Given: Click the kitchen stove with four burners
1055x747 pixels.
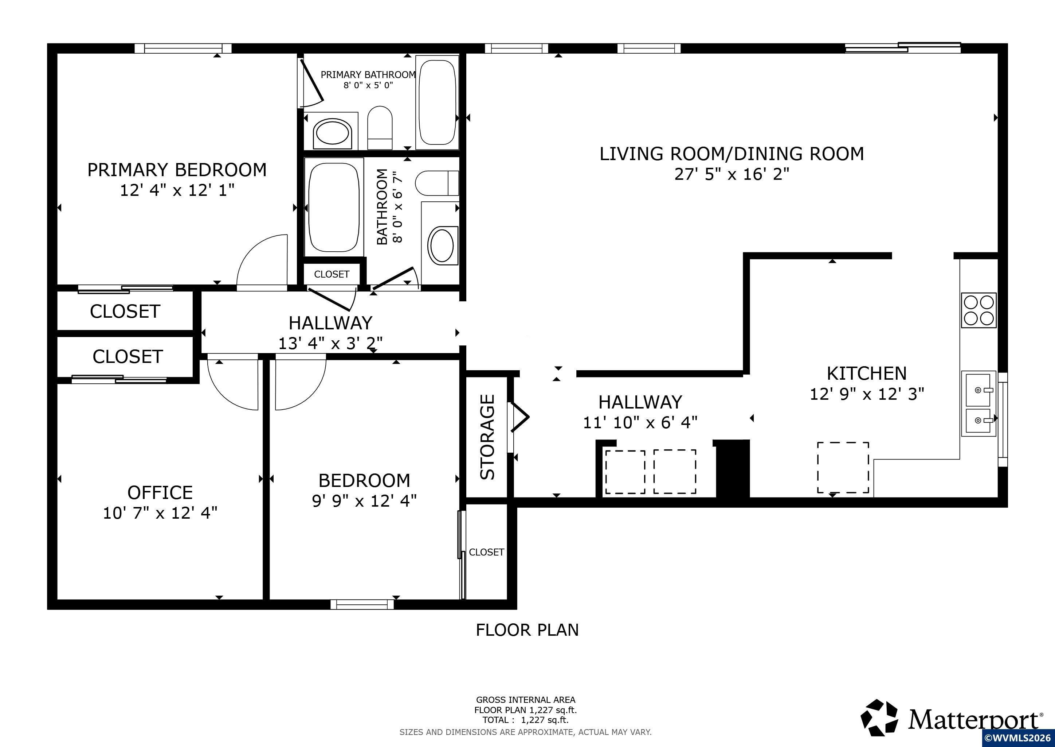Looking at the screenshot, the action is pos(979,310).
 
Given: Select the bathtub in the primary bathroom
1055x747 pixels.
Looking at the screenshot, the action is pos(437,102).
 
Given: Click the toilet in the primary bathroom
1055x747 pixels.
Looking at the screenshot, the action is pos(380,128).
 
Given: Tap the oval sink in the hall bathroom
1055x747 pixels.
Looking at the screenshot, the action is pos(443,245).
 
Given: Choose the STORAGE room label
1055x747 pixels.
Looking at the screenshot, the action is pos(487,437).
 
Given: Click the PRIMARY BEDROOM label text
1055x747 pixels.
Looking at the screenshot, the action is pos(177,170).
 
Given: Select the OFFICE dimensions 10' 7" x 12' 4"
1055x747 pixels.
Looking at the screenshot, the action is pos(160,512).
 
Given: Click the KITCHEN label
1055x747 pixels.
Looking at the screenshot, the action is pos(867,373).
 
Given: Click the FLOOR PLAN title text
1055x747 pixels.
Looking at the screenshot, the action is pos(527,630).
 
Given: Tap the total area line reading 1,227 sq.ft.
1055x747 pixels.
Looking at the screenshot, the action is pos(525,720).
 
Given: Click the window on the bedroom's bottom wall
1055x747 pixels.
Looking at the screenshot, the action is pos(362,604).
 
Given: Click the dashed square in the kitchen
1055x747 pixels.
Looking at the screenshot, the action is pos(843,467).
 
